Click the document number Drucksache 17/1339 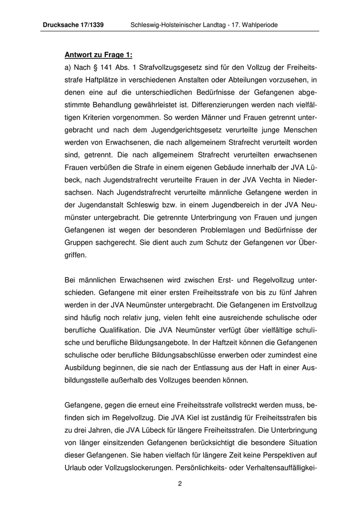click(75, 25)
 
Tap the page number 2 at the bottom click(180, 484)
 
